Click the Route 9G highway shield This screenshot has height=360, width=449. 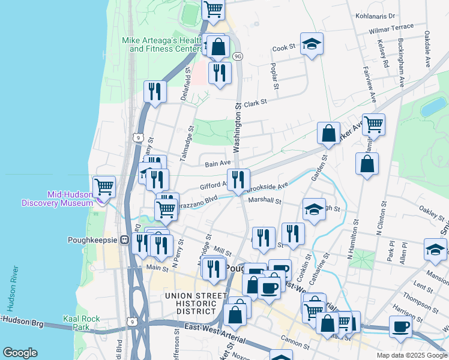[x=238, y=56]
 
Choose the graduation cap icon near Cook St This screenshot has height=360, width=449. [x=311, y=44]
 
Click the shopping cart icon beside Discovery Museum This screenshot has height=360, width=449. [x=104, y=187]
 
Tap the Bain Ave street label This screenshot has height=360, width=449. [x=217, y=163]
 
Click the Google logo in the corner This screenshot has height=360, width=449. [x=20, y=353]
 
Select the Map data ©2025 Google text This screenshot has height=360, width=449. [x=411, y=355]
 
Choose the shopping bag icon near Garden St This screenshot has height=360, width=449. [x=328, y=134]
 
